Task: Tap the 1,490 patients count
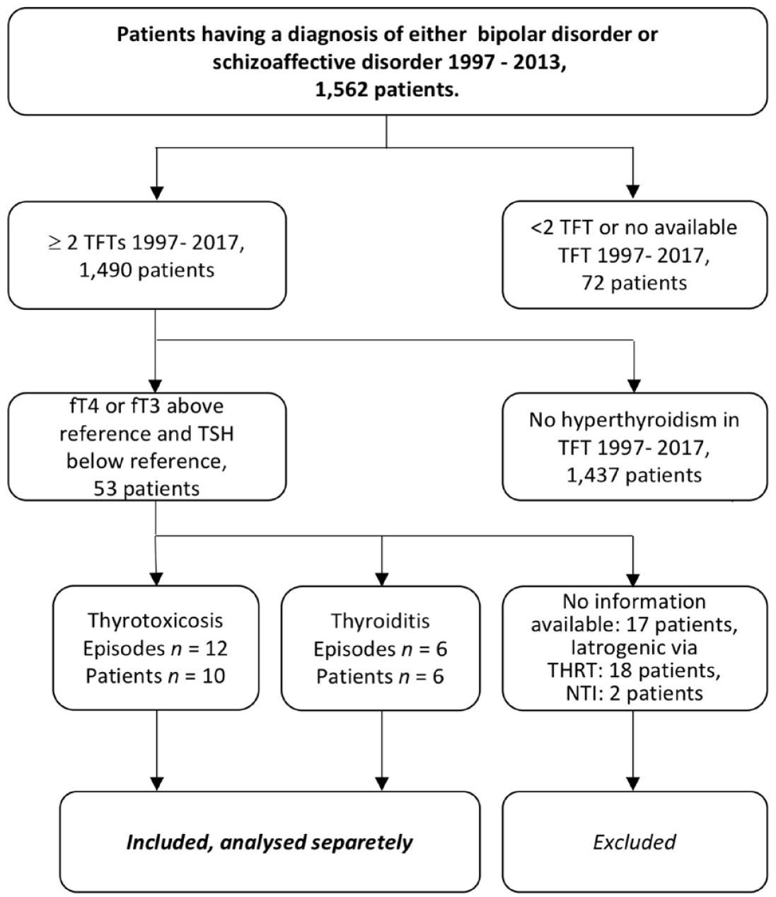click(146, 270)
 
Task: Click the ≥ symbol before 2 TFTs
click(54, 243)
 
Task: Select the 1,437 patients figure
click(634, 475)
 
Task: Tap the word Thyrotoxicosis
click(156, 620)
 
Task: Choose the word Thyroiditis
click(380, 621)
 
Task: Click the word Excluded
click(634, 843)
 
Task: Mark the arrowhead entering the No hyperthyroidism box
click(634, 386)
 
